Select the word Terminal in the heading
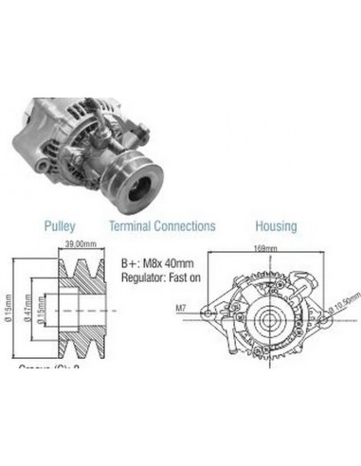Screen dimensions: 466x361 (132, 226)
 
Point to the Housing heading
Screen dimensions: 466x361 (275, 226)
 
